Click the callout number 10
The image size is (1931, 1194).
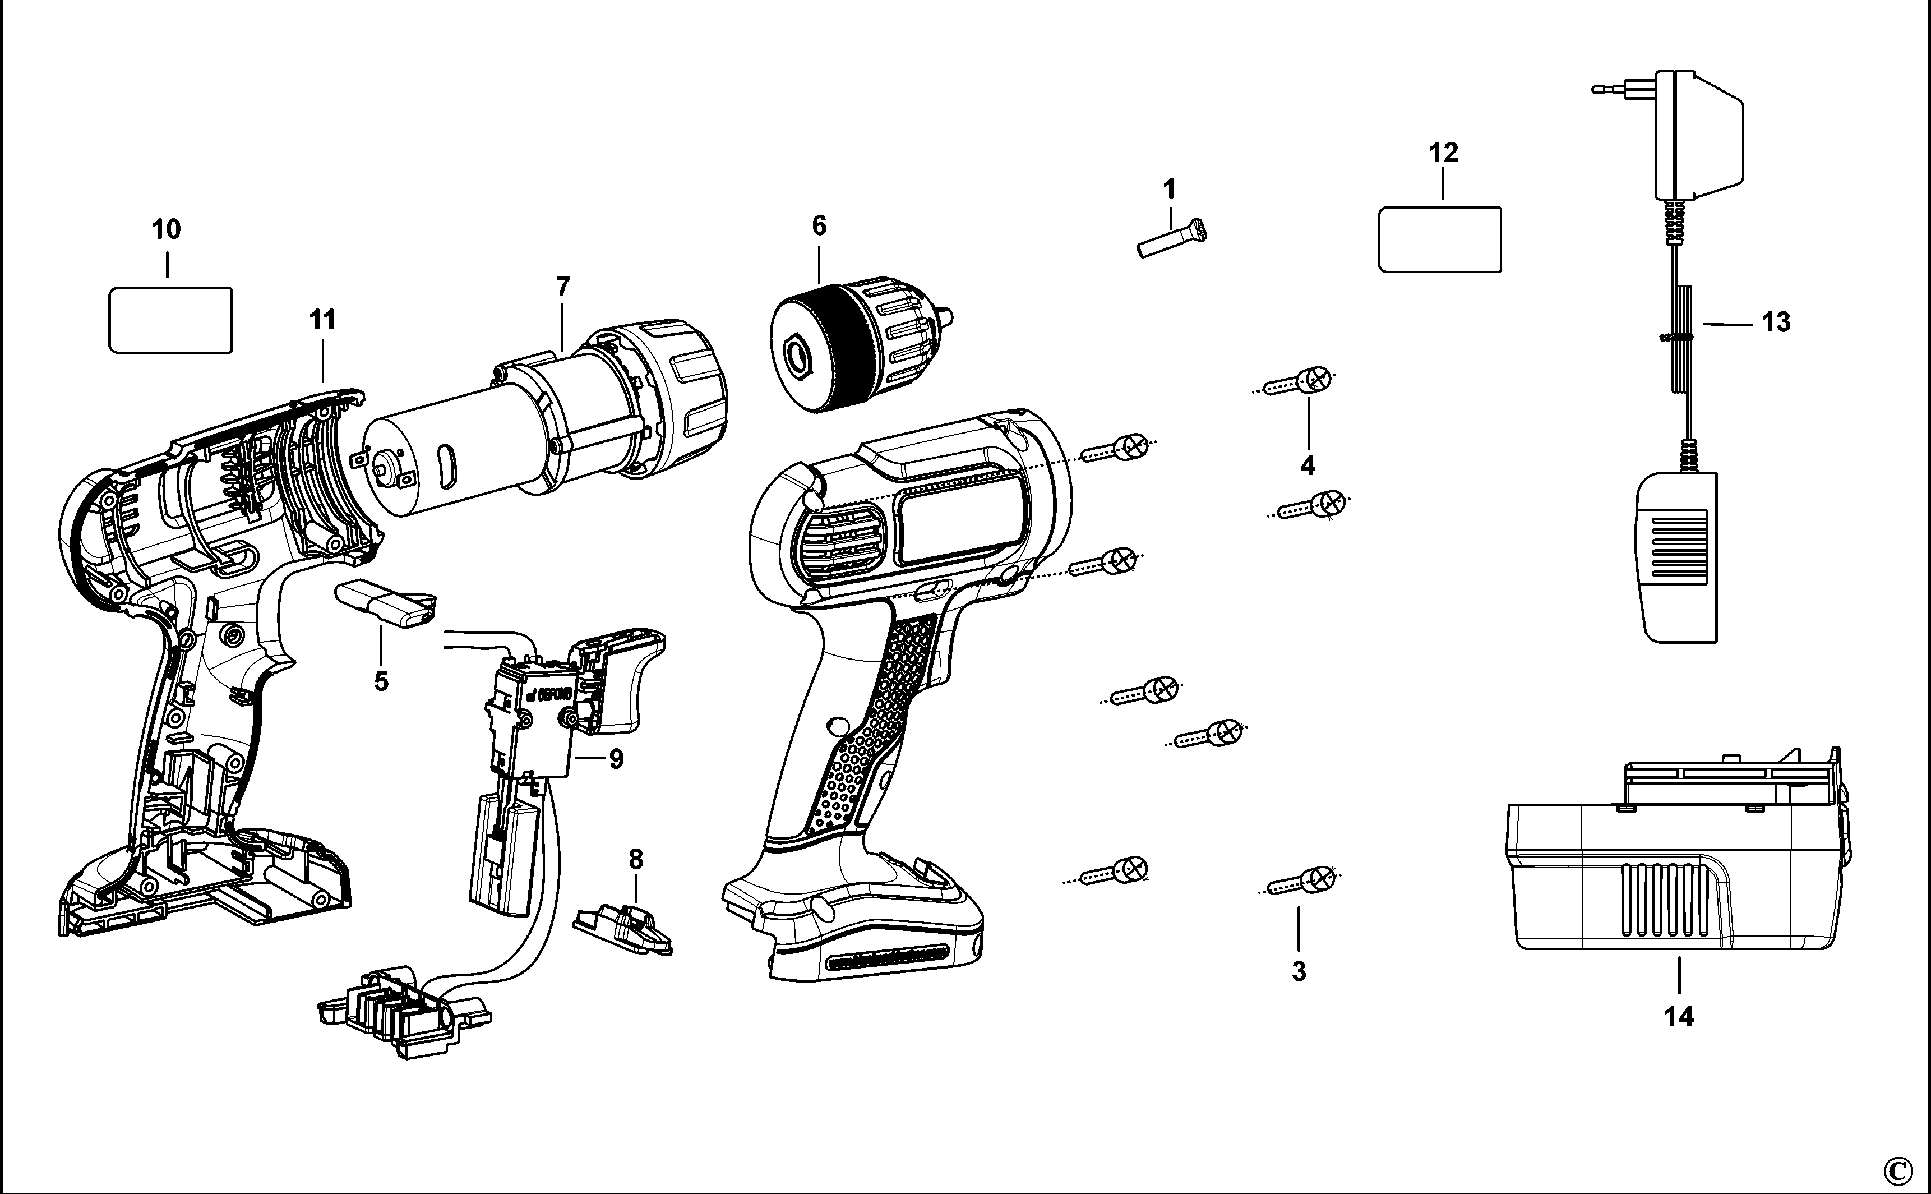166,230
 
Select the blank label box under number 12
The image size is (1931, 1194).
1439,239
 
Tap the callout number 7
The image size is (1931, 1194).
562,287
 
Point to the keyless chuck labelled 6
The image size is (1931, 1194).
861,344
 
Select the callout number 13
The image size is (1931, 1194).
1776,322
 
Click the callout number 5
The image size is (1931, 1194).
381,681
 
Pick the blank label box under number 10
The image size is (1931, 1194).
170,320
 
